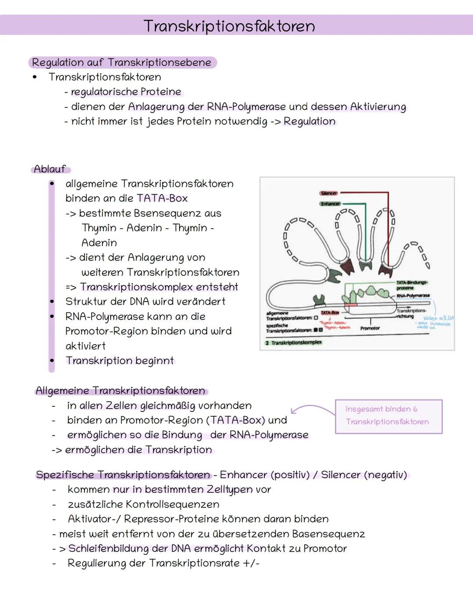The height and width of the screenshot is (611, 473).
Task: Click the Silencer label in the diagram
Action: coord(328,193)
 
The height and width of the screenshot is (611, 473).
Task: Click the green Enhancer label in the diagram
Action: coord(330,204)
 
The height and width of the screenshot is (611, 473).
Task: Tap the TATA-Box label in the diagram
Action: coord(330,313)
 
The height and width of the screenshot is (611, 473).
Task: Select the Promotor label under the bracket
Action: coord(370,328)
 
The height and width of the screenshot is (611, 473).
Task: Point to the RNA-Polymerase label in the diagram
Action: coord(413,296)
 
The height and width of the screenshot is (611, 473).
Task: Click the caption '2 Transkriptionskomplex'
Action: coord(294,343)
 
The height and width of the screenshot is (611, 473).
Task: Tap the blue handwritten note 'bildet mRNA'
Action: coord(438,318)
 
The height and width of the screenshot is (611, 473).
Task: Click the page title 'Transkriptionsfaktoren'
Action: coord(229,26)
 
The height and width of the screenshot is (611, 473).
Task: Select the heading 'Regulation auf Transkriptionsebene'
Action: coord(122,63)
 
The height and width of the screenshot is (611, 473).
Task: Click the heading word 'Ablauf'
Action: coord(50,169)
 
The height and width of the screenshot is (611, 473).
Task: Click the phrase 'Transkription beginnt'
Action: coord(120,361)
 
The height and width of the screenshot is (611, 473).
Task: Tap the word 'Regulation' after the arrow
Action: coord(310,121)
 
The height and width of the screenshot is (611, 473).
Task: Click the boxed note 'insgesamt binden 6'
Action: coord(381,409)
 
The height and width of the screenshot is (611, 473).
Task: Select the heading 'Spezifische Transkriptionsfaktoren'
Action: coord(123,475)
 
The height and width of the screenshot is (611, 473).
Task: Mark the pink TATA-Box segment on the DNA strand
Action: coord(350,304)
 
